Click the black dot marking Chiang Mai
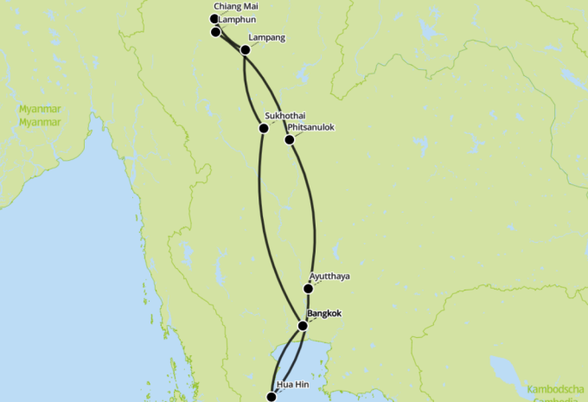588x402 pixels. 214,18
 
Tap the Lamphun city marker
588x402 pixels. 215,32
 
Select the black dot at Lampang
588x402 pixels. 245,50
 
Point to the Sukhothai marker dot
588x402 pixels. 264,129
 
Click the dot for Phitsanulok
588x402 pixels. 289,139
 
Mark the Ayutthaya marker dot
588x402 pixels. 308,289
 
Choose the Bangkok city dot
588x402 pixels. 303,326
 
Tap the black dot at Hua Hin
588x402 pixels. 272,397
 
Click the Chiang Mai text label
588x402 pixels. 235,7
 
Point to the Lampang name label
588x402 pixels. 266,38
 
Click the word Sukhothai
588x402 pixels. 285,116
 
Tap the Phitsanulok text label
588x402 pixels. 310,128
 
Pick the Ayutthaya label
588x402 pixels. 329,277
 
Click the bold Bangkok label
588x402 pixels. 326,313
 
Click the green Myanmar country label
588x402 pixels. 40,116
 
